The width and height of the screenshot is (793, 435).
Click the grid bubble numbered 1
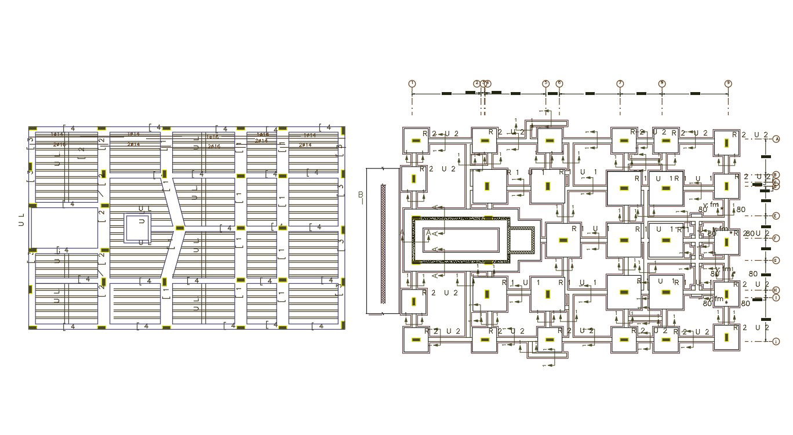point(412,83)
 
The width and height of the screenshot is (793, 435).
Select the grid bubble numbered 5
point(545,83)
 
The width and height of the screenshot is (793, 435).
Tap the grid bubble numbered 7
point(620,83)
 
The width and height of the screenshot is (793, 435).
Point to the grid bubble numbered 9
point(728,83)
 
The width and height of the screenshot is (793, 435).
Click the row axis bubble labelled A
point(776,139)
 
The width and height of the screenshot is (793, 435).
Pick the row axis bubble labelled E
point(776,216)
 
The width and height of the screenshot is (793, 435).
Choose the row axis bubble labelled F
point(776,238)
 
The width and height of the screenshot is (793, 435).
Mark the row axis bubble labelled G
point(776,260)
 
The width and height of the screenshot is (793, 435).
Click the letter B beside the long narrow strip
point(361,195)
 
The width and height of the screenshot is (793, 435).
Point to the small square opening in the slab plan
point(138,229)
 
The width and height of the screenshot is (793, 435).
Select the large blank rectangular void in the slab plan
point(64,228)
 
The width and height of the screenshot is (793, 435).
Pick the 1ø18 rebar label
point(262,134)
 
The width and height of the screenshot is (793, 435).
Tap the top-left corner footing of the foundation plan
point(415,141)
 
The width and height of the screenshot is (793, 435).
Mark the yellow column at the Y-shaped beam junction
point(180,227)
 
